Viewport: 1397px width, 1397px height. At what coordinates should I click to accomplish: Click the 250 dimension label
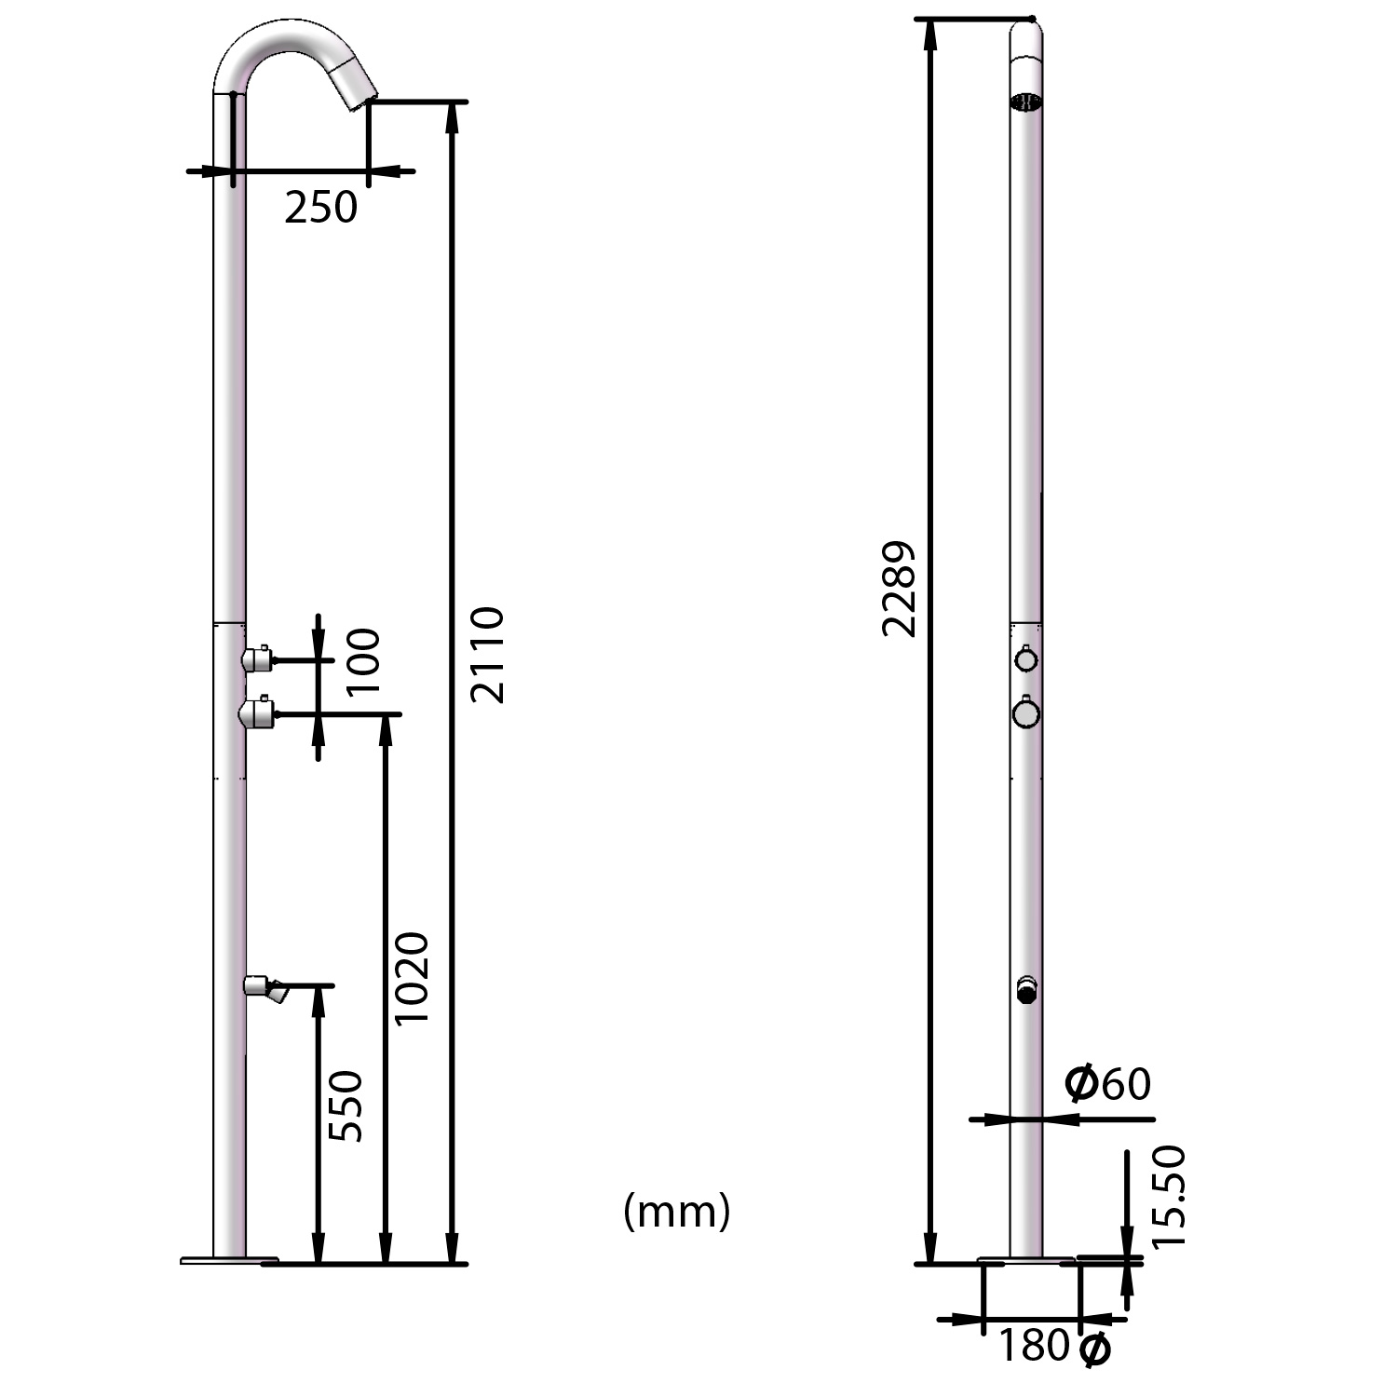pyautogui.click(x=320, y=208)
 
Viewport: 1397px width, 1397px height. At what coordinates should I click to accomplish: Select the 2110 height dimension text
pyautogui.click(x=486, y=654)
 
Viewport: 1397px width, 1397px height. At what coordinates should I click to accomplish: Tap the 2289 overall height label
pyautogui.click(x=900, y=589)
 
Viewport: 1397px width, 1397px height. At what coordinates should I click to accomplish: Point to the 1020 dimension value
pyautogui.click(x=411, y=978)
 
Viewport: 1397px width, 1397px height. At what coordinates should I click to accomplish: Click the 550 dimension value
pyautogui.click(x=346, y=1105)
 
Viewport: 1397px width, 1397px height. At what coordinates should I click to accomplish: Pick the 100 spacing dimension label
pyautogui.click(x=363, y=661)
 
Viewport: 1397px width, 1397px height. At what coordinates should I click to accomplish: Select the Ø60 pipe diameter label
pyautogui.click(x=1107, y=1084)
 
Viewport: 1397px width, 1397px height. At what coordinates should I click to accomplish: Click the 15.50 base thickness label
pyautogui.click(x=1169, y=1197)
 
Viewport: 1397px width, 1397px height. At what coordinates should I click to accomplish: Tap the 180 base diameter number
pyautogui.click(x=1034, y=1346)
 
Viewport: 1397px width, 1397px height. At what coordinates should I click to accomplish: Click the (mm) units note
pyautogui.click(x=676, y=1212)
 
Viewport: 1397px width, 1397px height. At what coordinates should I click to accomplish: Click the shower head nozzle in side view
pyautogui.click(x=359, y=94)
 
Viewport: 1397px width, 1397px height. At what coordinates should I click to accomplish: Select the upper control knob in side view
pyautogui.click(x=256, y=659)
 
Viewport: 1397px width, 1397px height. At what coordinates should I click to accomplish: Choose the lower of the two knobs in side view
pyautogui.click(x=256, y=713)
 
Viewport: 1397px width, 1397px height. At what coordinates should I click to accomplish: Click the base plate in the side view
pyautogui.click(x=229, y=1260)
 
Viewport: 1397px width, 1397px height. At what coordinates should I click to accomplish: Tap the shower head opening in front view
pyautogui.click(x=1025, y=102)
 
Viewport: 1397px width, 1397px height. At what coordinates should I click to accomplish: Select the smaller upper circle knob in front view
pyautogui.click(x=1025, y=659)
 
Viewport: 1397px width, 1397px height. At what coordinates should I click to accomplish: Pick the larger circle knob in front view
pyautogui.click(x=1025, y=713)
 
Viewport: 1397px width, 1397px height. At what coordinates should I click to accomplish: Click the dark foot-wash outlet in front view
pyautogui.click(x=1026, y=994)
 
